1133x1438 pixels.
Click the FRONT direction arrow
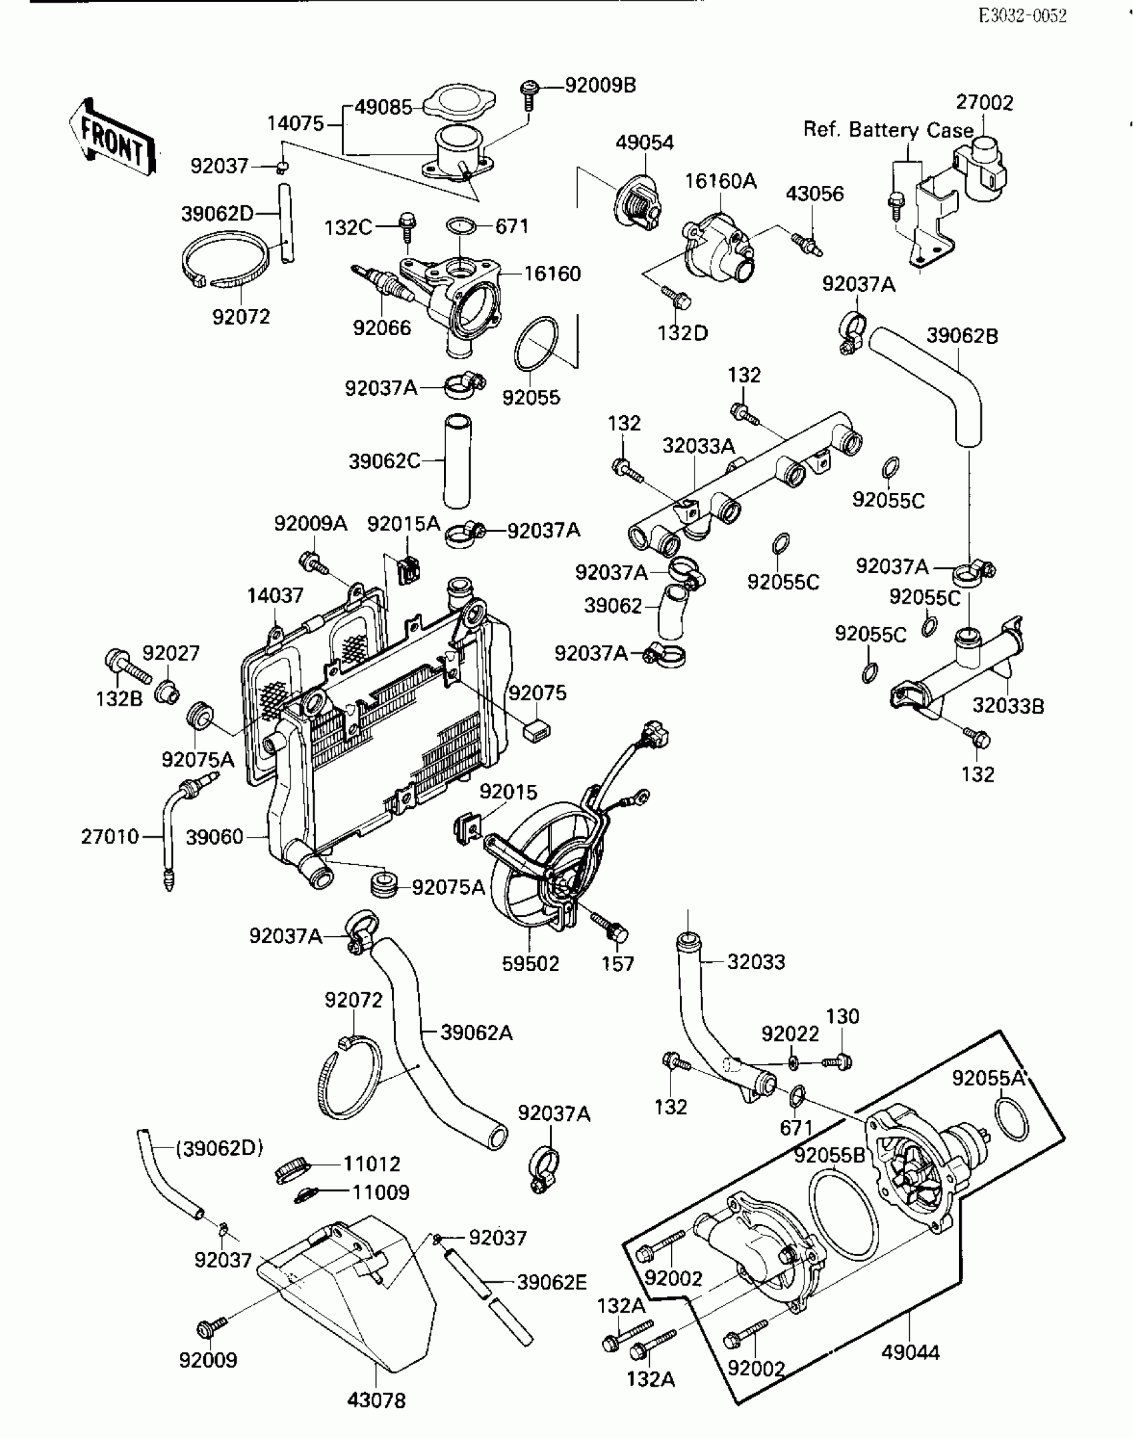tap(112, 138)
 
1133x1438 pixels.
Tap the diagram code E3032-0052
tap(1022, 16)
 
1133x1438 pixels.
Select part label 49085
tap(383, 107)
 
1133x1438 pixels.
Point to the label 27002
tap(984, 103)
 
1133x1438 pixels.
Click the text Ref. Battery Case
tap(888, 129)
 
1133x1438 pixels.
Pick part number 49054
tap(644, 143)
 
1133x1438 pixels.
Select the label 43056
tap(814, 194)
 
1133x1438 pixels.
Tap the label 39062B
tap(962, 336)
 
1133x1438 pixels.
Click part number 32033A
tap(698, 446)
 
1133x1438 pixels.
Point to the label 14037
tap(275, 595)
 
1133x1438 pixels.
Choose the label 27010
tap(110, 836)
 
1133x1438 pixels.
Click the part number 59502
tap(531, 964)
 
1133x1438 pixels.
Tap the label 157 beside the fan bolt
tap(618, 964)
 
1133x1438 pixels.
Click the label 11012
tap(372, 1164)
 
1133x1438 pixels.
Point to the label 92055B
tap(829, 1155)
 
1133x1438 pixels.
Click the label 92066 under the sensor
tap(382, 328)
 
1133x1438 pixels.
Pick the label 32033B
tap(1008, 706)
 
